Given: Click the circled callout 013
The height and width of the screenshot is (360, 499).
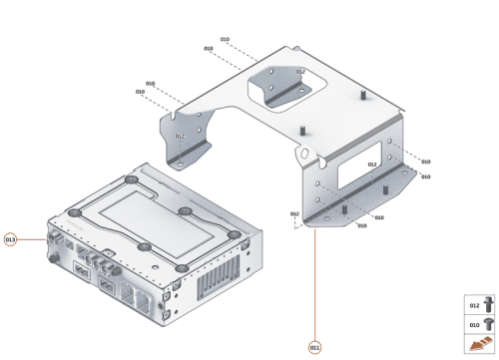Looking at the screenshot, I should [11, 239].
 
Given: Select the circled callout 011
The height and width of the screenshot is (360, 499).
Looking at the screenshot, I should [315, 347].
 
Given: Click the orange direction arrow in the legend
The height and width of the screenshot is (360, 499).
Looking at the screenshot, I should [480, 345].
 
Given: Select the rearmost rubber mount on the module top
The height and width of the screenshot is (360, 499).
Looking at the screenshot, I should [130, 180].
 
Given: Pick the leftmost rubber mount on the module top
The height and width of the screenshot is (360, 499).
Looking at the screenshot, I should [75, 212].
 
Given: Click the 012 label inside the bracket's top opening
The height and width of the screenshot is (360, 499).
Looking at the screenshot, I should [300, 72].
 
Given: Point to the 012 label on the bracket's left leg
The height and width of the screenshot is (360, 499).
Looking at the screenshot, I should [180, 137].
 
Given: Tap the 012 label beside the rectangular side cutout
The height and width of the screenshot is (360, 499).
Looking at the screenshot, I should [371, 165].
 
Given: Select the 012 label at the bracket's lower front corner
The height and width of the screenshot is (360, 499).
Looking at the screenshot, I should [294, 213].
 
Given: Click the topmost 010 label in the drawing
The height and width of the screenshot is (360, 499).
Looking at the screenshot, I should [225, 39].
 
